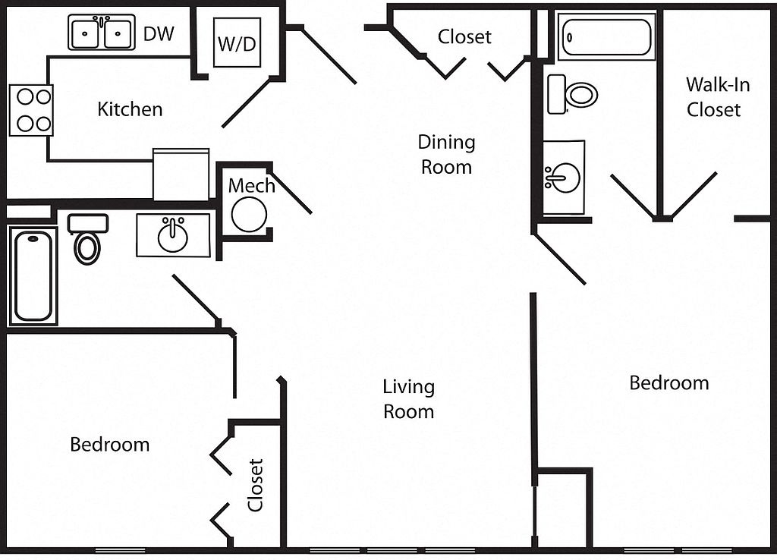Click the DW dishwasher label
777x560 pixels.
[x=159, y=33]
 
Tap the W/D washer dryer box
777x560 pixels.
[x=237, y=42]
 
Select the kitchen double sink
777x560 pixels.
[x=101, y=33]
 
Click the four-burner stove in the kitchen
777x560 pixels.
[x=31, y=110]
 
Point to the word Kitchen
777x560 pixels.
[x=130, y=109]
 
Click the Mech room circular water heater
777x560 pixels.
[x=249, y=214]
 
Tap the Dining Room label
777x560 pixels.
[x=446, y=154]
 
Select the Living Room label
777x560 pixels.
[x=408, y=399]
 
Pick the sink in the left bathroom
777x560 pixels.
[x=173, y=235]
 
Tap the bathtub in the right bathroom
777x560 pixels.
[x=606, y=36]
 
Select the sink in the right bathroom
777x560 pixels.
[x=563, y=178]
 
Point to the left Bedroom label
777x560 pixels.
[x=109, y=444]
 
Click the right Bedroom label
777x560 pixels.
[x=668, y=383]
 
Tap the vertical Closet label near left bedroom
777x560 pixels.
[x=256, y=484]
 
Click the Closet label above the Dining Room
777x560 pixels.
[x=464, y=36]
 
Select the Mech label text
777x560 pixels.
[x=251, y=185]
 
